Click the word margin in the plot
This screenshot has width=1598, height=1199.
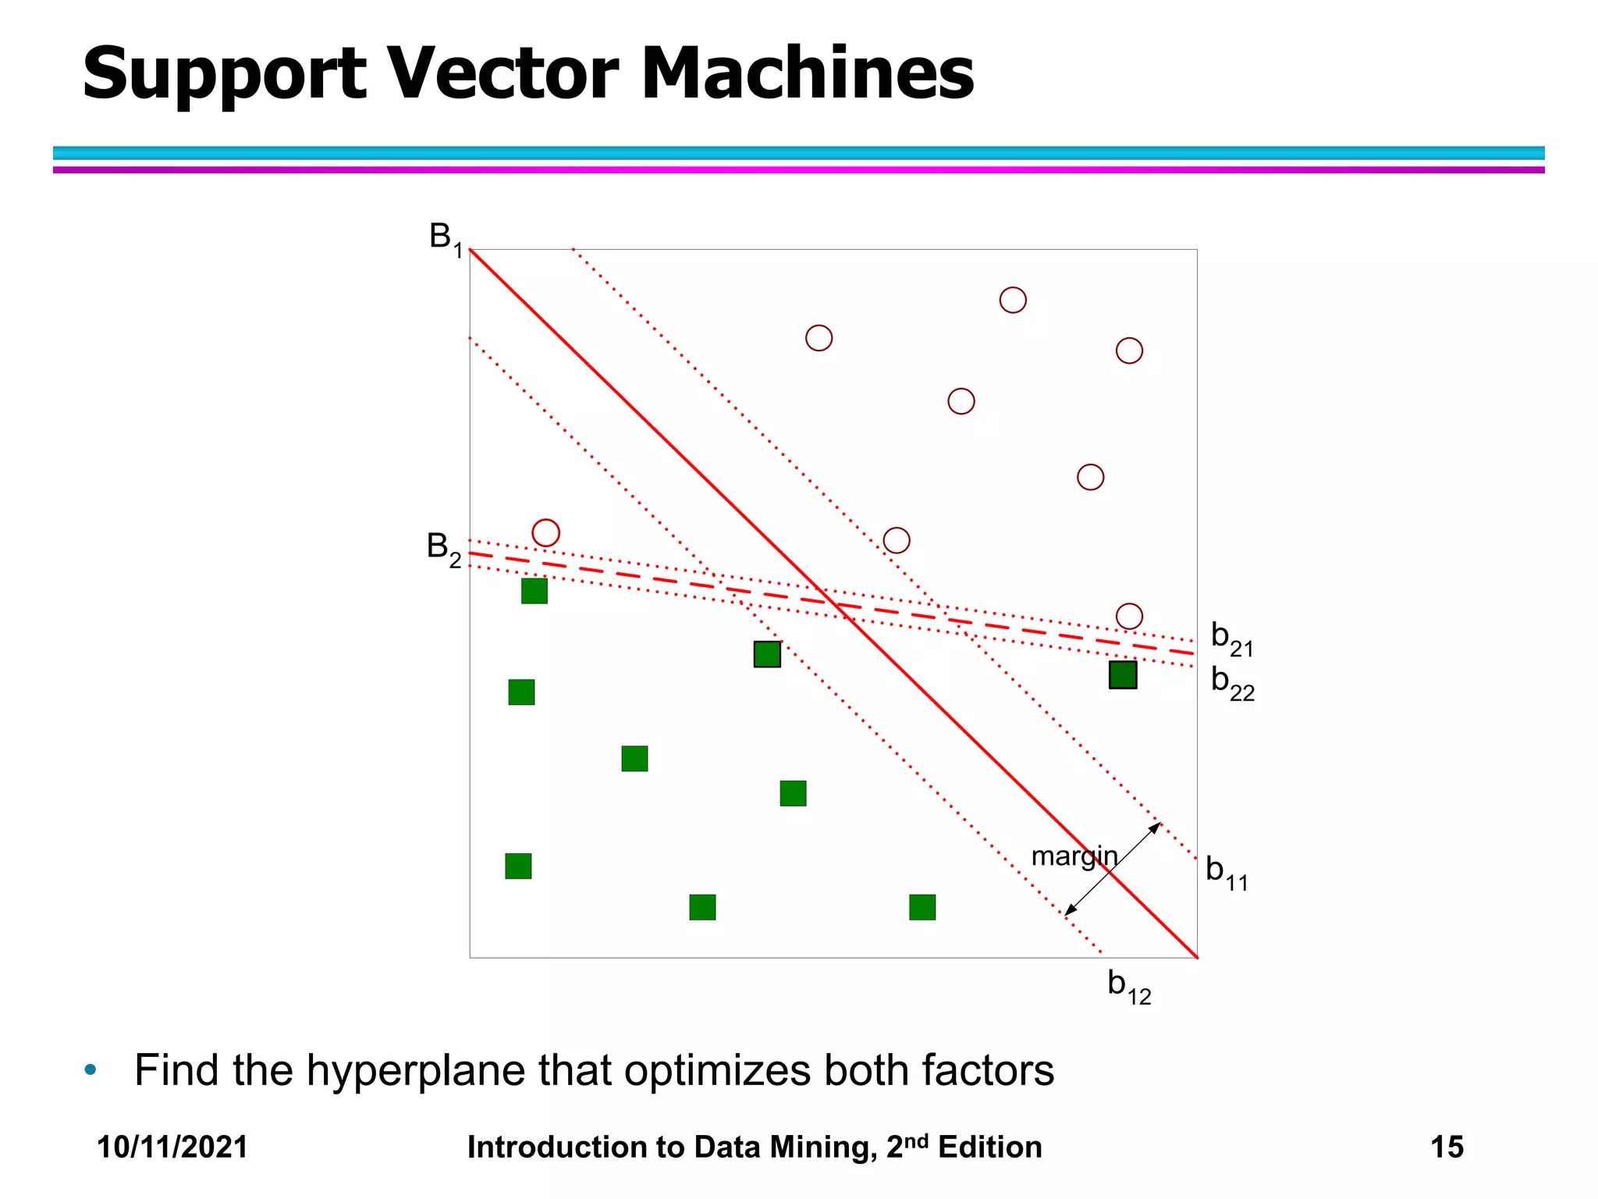click(1074, 856)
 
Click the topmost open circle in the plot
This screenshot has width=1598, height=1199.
click(1013, 300)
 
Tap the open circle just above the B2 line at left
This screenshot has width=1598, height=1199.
click(546, 533)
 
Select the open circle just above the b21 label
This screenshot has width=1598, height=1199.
click(1129, 616)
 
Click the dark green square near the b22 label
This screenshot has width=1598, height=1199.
click(1123, 674)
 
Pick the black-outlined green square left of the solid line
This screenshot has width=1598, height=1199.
click(767, 654)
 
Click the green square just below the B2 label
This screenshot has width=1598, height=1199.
click(534, 591)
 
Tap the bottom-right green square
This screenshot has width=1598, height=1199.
click(922, 907)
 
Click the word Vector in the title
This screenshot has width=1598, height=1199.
click(503, 73)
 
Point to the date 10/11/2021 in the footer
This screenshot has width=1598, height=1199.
click(172, 1147)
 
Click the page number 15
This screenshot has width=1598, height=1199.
click(1447, 1147)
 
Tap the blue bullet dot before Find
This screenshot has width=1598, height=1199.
click(91, 1069)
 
